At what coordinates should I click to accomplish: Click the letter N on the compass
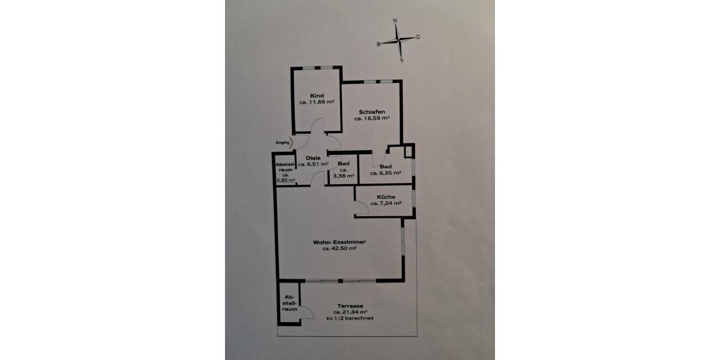(x=395, y=21)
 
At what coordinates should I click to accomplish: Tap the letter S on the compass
(x=401, y=60)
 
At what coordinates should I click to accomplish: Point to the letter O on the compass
(x=418, y=37)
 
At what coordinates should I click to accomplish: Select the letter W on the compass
(x=379, y=44)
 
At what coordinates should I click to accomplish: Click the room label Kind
(x=317, y=96)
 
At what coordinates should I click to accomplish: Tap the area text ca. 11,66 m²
(x=317, y=102)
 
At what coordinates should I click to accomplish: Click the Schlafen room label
(x=372, y=112)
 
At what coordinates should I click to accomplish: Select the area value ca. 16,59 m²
(x=372, y=118)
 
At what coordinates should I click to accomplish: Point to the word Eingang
(x=283, y=142)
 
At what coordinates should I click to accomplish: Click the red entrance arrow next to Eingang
(x=291, y=142)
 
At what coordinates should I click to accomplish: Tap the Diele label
(x=313, y=158)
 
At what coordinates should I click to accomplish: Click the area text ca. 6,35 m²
(x=385, y=173)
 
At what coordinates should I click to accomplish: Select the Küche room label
(x=386, y=197)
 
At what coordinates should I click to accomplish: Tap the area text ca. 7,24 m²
(x=386, y=203)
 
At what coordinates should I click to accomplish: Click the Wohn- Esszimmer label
(x=340, y=242)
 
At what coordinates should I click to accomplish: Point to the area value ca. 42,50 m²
(x=340, y=248)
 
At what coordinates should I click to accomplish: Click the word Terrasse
(x=350, y=306)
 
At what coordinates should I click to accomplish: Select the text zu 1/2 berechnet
(x=350, y=318)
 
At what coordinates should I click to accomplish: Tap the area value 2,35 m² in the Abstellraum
(x=286, y=181)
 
